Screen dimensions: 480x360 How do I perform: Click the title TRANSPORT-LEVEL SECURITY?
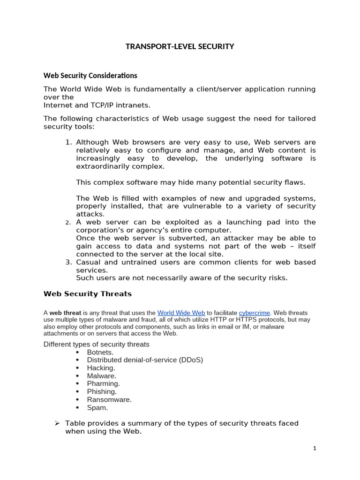coord(180,46)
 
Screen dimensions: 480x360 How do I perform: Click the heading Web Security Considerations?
coord(90,75)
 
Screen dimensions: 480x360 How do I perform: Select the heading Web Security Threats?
coord(88,294)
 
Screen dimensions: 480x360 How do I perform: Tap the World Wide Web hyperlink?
coord(181,313)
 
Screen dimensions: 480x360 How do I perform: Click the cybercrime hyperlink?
coord(255,313)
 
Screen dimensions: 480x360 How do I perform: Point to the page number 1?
coord(315,449)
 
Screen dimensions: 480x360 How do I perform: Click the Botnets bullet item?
coord(100,352)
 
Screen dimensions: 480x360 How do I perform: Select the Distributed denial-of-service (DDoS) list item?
coord(145,360)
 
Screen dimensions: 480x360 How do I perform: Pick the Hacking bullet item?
coord(101,368)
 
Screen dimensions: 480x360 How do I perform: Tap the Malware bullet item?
coord(102,376)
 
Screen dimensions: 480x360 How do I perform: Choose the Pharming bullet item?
coord(103,384)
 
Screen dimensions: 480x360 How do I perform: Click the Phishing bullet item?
coord(102,392)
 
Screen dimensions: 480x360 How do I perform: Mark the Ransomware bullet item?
coord(109,400)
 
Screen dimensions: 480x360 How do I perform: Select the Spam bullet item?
coord(97,408)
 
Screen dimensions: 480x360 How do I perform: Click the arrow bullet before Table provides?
coord(57,423)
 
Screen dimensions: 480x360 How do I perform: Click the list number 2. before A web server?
coord(68,223)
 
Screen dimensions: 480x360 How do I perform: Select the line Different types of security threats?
coord(97,345)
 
